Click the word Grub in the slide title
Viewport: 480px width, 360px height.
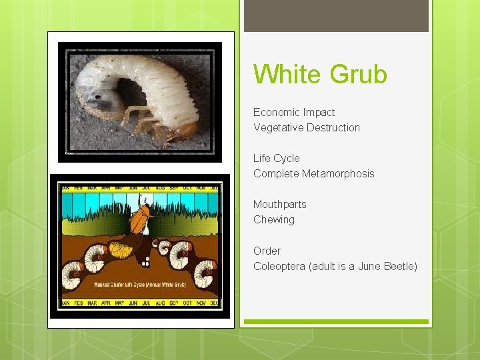[x=358, y=74]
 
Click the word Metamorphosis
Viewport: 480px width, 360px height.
[x=338, y=173]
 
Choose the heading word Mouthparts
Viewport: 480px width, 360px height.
[x=280, y=204]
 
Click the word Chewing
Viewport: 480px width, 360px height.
[x=274, y=219]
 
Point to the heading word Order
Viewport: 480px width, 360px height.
[x=267, y=251]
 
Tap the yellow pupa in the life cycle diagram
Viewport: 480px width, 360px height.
[x=120, y=251]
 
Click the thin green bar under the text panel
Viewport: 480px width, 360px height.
[x=336, y=322]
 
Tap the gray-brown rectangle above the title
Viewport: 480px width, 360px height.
[x=336, y=15]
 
